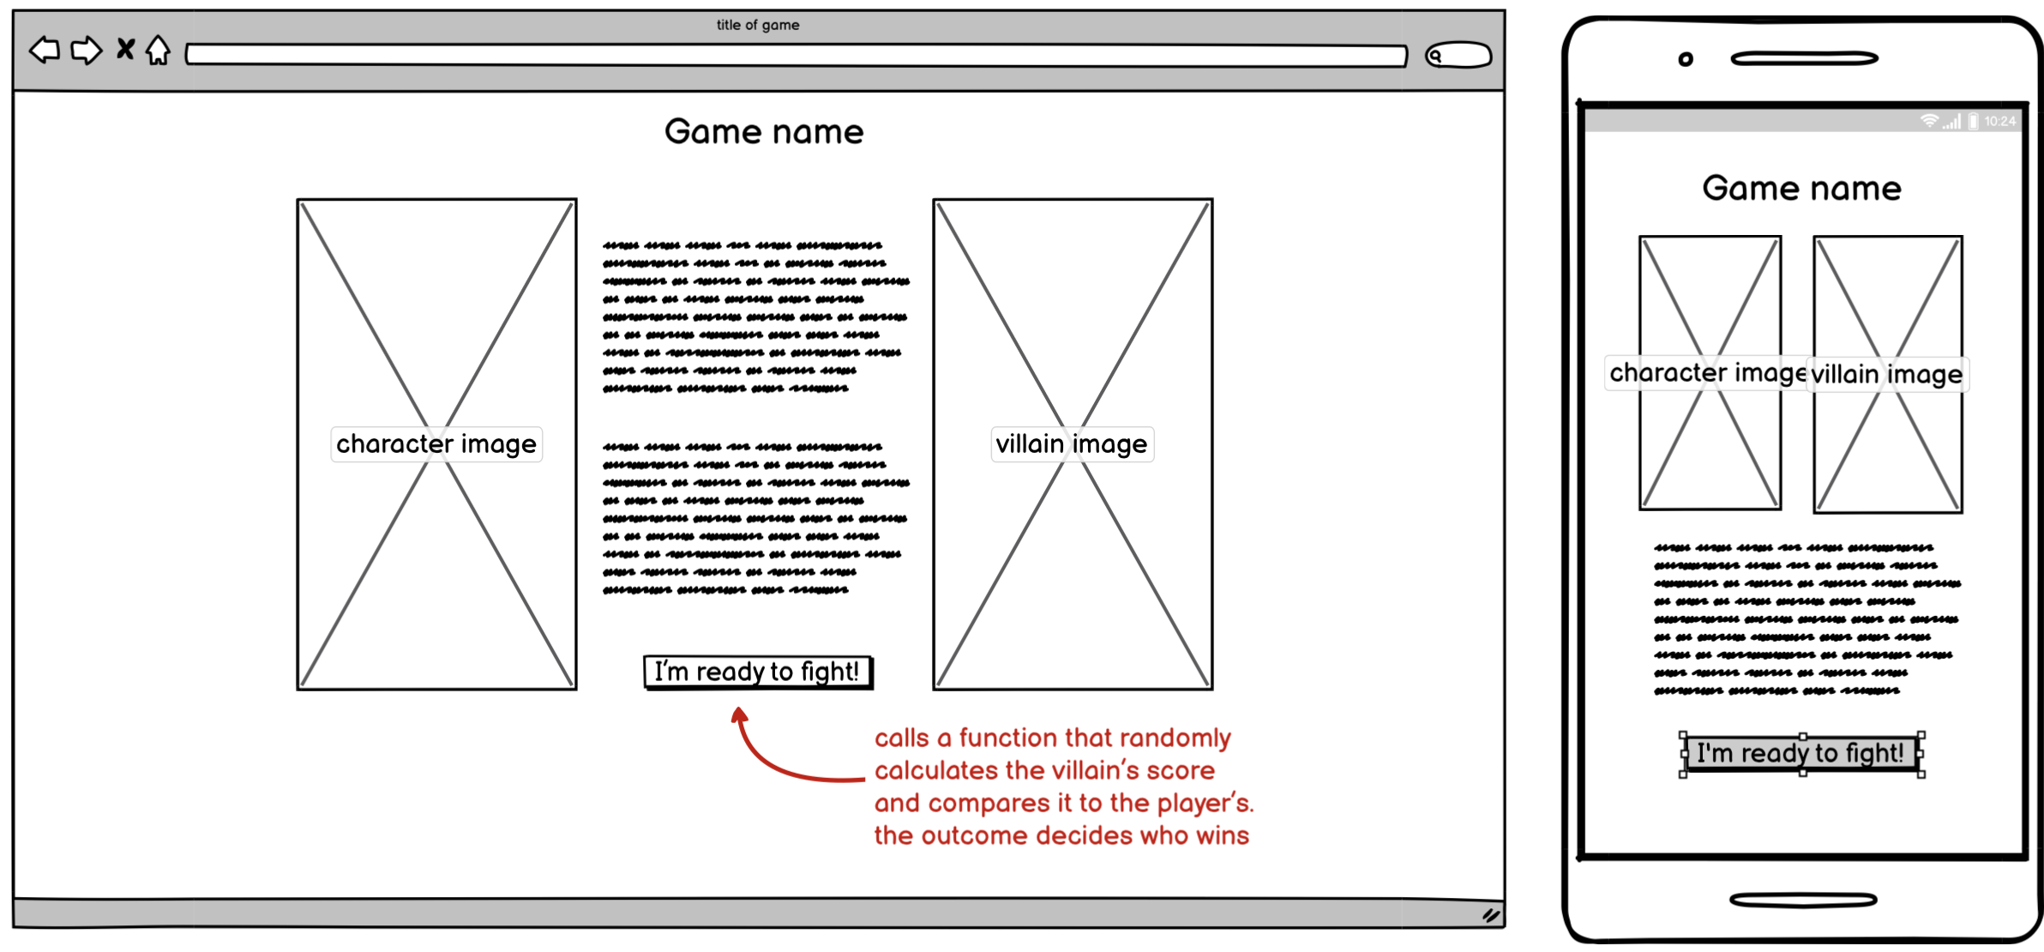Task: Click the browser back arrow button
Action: click(45, 51)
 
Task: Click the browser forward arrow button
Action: click(86, 51)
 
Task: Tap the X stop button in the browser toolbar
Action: click(125, 49)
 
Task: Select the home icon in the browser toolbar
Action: click(158, 50)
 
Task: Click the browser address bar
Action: click(796, 56)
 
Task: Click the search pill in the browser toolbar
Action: click(1458, 56)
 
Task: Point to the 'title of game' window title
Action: click(758, 25)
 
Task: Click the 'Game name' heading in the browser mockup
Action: click(764, 132)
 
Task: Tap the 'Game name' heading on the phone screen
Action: click(1801, 189)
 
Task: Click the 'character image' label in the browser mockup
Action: click(436, 444)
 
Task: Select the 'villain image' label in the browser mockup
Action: click(1072, 444)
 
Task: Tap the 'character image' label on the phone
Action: click(1706, 373)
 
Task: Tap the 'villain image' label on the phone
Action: click(1887, 375)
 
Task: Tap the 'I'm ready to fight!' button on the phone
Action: click(1801, 754)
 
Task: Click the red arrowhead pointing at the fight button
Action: click(740, 714)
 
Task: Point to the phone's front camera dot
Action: click(1686, 59)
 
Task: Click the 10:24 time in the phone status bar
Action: click(1999, 122)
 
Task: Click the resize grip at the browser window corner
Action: click(1491, 915)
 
